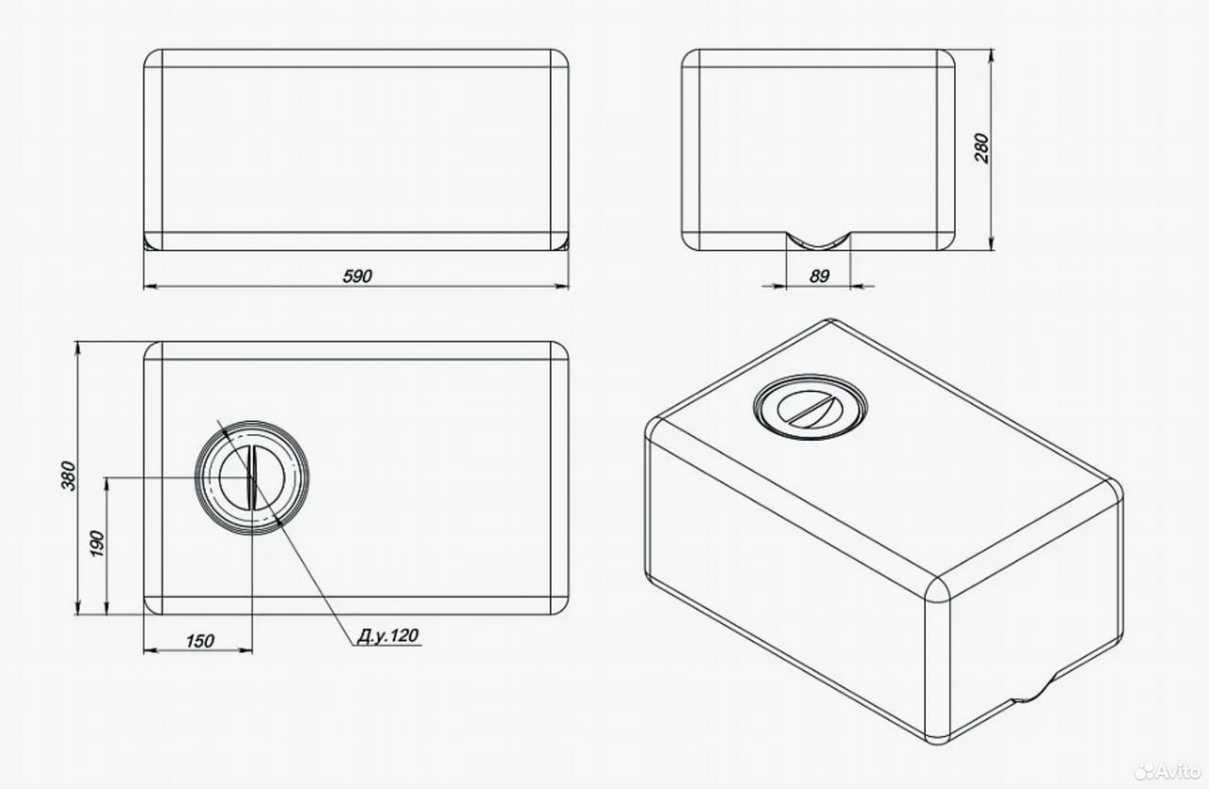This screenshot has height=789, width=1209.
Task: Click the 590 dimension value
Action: tap(357, 276)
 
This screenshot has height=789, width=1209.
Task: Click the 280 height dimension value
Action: tap(982, 148)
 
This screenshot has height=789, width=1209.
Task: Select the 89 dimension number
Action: tap(819, 276)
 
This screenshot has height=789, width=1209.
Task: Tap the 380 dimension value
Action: tap(69, 476)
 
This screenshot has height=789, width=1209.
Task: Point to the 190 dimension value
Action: tap(97, 544)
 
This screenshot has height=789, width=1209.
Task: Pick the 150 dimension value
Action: tap(199, 641)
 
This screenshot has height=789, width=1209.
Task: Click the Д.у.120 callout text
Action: tap(387, 635)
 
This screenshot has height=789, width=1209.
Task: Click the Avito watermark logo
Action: tap(1166, 772)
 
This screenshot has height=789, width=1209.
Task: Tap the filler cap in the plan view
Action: tap(252, 478)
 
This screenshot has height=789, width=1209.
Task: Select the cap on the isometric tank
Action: tap(810, 407)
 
